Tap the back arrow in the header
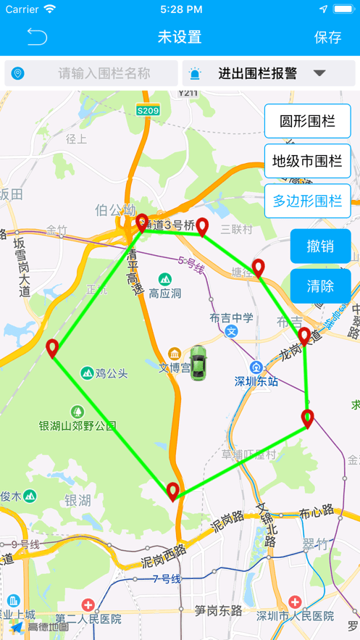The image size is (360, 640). click(37, 37)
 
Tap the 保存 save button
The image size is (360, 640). click(327, 37)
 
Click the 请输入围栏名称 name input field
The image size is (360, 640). click(104, 73)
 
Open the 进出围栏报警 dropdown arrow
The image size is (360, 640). click(319, 73)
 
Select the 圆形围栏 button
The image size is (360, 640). click(307, 121)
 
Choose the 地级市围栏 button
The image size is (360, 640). click(307, 161)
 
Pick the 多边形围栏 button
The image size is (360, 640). click(307, 201)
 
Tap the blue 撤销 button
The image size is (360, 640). click(320, 246)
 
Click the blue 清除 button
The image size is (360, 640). click(320, 286)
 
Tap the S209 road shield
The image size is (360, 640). click(148, 110)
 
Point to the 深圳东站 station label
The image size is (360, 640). click(256, 381)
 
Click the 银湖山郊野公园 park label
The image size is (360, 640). click(78, 425)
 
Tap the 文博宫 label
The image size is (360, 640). click(174, 367)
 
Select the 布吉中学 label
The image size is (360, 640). click(232, 318)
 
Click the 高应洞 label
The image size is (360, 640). click(165, 294)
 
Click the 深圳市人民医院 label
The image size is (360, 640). click(296, 615)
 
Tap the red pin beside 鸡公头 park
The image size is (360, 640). click(52, 349)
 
